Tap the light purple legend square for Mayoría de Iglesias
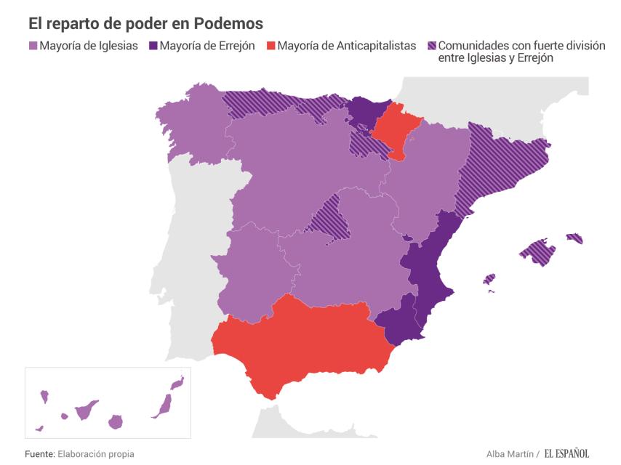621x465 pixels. coord(33,46)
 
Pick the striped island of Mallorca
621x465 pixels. coord(538,251)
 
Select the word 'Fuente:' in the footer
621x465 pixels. coord(40,454)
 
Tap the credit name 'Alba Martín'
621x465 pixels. coord(510,454)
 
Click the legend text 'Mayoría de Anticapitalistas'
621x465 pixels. coord(348,46)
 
